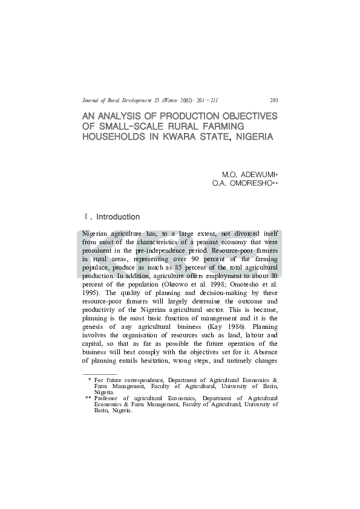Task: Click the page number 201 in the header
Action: [273, 100]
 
